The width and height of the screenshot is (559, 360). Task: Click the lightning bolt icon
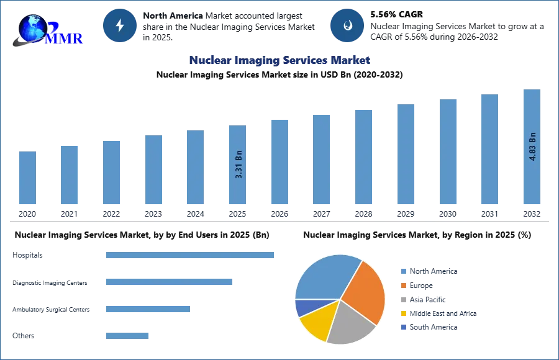pos(120,26)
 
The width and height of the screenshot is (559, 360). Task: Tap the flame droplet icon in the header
pos(347,26)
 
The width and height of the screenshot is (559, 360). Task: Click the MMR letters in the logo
pos(65,38)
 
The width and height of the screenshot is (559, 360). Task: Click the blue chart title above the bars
pos(280,60)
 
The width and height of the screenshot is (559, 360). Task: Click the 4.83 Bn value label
pos(532,146)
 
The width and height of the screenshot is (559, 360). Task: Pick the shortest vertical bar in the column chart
pos(27,178)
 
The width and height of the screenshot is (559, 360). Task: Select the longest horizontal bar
pos(191,254)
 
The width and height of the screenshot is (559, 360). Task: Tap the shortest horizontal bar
pos(127,337)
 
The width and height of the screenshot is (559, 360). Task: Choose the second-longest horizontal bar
pos(168,283)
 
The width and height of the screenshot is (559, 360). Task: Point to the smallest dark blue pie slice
pos(304,307)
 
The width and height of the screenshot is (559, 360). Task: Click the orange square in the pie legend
pos(402,286)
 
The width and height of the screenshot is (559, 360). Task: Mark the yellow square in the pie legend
pos(402,313)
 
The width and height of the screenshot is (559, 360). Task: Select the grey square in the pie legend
pos(402,300)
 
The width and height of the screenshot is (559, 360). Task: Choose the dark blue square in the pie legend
pos(402,327)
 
